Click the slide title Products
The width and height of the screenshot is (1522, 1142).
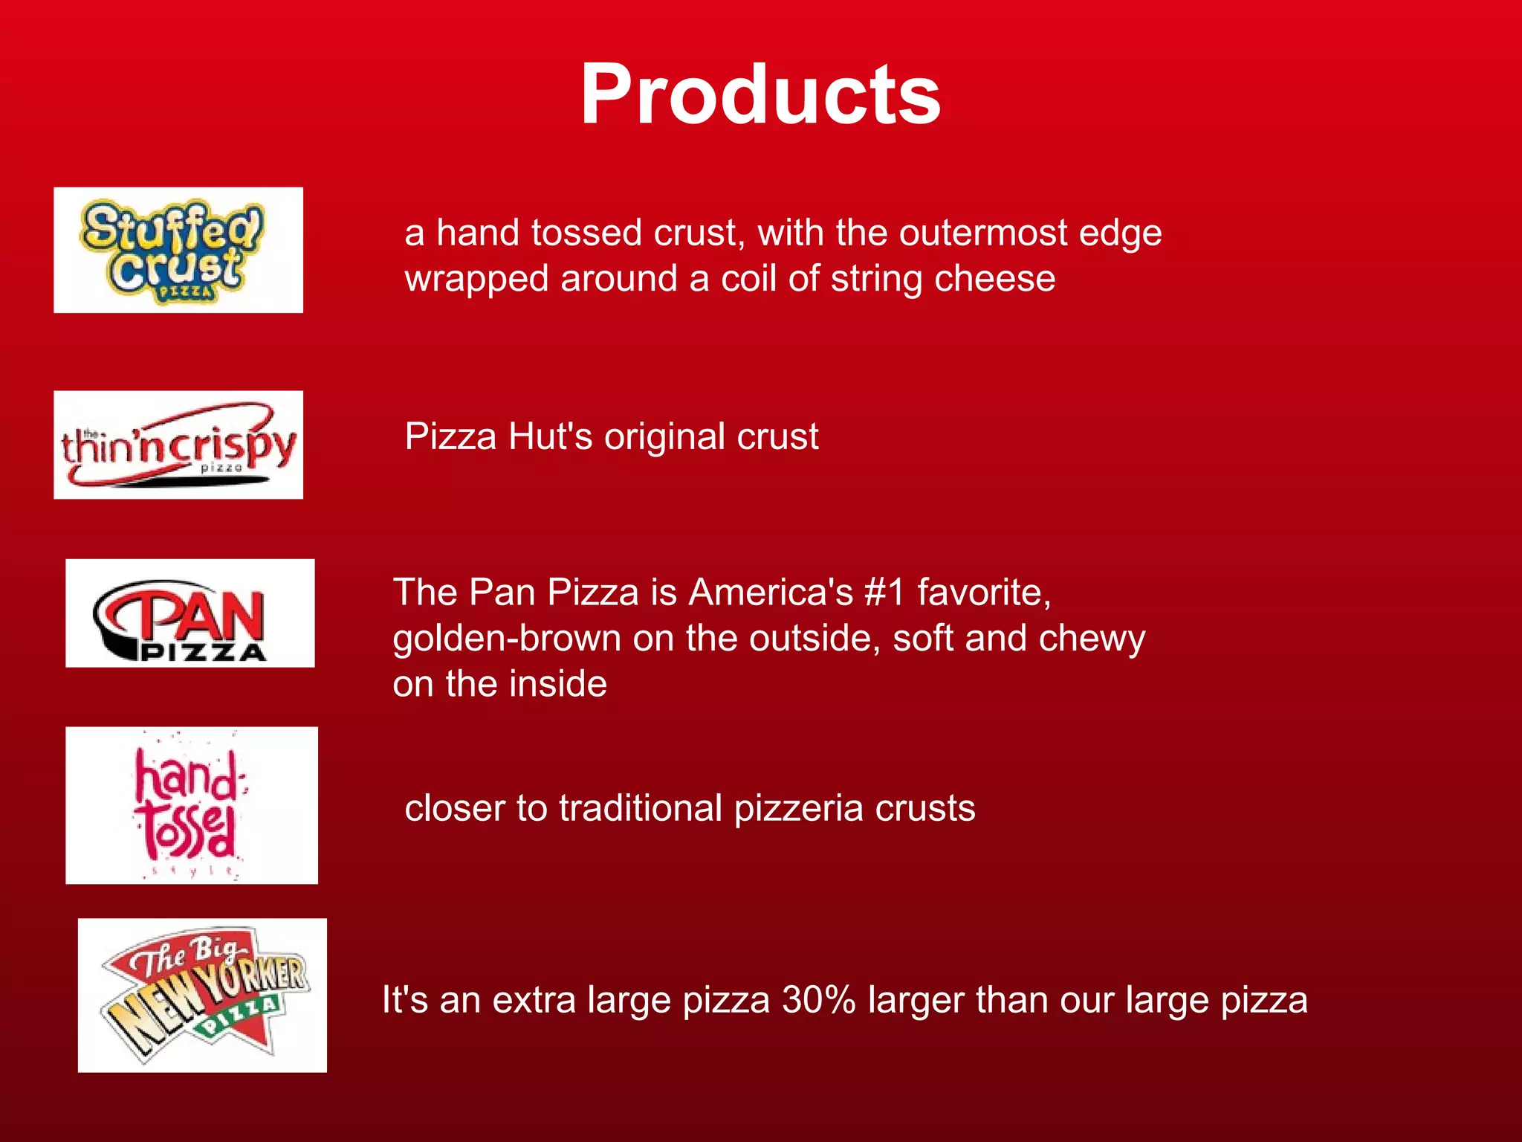760,95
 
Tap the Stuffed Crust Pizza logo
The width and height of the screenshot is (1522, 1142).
178,250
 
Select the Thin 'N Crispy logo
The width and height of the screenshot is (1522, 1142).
178,445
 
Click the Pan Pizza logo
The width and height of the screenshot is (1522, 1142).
190,613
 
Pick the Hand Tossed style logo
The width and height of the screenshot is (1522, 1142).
192,805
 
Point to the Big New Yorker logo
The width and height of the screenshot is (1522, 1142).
202,995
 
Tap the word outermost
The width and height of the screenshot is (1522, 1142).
982,233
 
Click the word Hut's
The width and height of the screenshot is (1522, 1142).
551,436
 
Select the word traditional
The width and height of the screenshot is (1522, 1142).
640,808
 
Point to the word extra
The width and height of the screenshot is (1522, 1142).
534,1000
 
